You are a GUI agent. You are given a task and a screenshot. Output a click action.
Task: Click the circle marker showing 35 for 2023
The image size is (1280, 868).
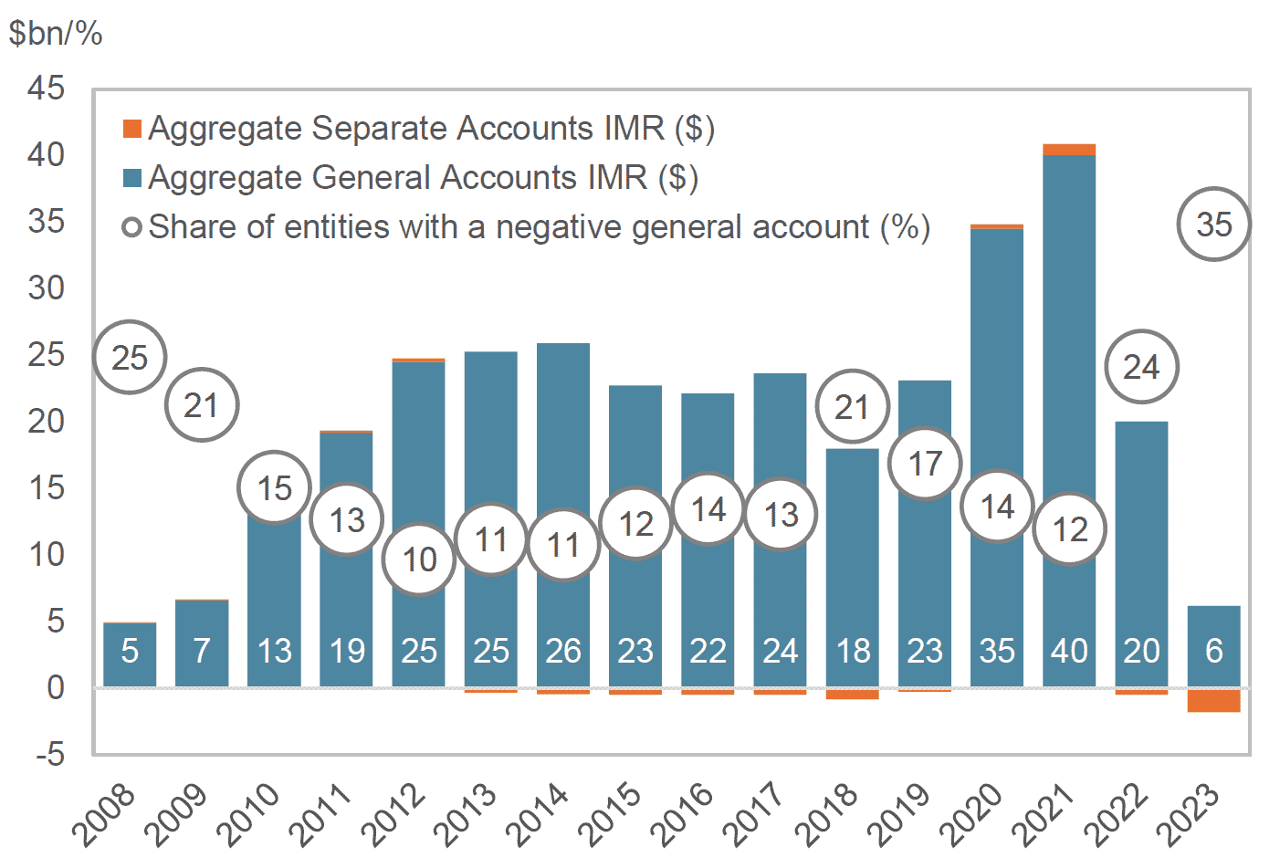point(1213,225)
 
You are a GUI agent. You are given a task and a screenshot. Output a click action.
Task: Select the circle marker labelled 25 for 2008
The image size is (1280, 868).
point(130,358)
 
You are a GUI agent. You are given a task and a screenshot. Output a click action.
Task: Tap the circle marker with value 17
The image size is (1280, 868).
point(925,464)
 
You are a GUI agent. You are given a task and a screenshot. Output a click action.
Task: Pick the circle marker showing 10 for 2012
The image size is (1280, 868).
point(419,559)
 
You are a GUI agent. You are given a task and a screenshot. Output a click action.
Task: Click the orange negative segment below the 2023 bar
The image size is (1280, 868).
point(1213,701)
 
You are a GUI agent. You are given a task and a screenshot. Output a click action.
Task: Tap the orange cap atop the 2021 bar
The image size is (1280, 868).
point(1069,150)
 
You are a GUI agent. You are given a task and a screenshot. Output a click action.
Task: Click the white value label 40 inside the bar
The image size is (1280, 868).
point(1069,651)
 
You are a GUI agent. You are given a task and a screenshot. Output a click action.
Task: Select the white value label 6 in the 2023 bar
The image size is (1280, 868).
point(1213,651)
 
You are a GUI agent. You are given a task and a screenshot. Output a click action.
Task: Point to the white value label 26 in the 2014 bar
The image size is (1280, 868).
point(563,651)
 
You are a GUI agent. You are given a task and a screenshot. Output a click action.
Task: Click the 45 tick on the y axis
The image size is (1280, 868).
point(47,89)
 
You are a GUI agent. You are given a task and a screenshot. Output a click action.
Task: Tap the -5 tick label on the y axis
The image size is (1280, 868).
point(45,754)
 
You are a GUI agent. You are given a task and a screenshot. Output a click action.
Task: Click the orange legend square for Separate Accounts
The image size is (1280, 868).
point(132,129)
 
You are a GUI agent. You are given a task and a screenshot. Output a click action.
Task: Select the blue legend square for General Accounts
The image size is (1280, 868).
point(132,178)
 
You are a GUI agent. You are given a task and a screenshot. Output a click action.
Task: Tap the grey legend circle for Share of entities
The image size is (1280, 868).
point(132,227)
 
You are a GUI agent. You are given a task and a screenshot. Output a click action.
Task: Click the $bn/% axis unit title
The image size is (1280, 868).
point(56,34)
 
